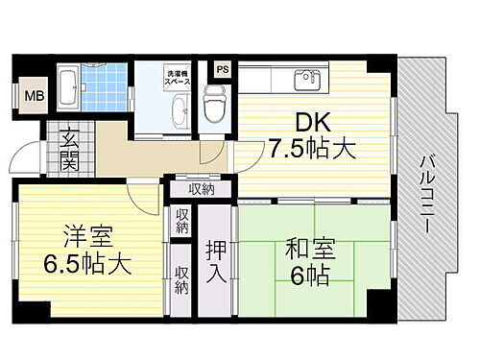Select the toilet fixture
click(x=214, y=100)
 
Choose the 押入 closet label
click(x=216, y=260)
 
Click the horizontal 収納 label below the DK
click(x=201, y=189)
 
